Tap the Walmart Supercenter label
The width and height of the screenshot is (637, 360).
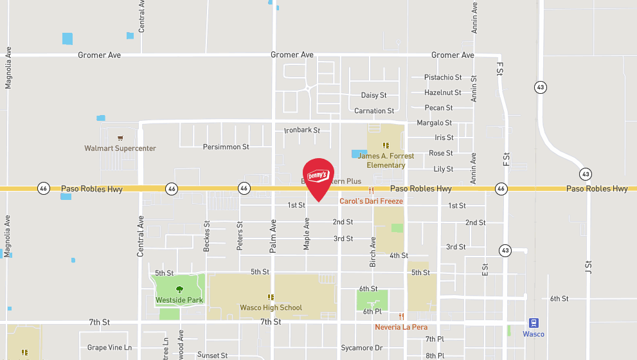[x=120, y=148]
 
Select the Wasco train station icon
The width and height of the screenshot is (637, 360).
[x=533, y=323]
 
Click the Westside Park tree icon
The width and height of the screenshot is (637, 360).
[x=179, y=289]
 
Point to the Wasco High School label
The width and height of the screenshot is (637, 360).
[x=271, y=308]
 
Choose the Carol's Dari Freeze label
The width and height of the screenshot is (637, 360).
[x=371, y=201]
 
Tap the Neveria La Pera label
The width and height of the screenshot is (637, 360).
[x=401, y=327]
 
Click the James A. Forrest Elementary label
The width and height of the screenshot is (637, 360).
[x=386, y=161]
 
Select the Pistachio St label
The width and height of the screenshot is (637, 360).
[x=443, y=77]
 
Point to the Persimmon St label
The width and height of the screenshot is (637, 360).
[x=226, y=147]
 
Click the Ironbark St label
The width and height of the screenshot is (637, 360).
[x=302, y=130]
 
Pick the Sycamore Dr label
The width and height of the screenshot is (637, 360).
[x=361, y=348]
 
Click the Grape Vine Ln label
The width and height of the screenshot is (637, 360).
[x=109, y=348]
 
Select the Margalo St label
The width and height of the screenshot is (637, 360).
[x=434, y=123]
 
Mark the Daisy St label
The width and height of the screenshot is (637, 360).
[x=373, y=95]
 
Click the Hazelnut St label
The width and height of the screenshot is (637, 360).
[x=443, y=93]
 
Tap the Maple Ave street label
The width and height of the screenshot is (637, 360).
[x=307, y=233]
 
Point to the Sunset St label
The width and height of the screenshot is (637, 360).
[x=212, y=355]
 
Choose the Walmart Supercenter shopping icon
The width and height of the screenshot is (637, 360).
[x=120, y=138]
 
